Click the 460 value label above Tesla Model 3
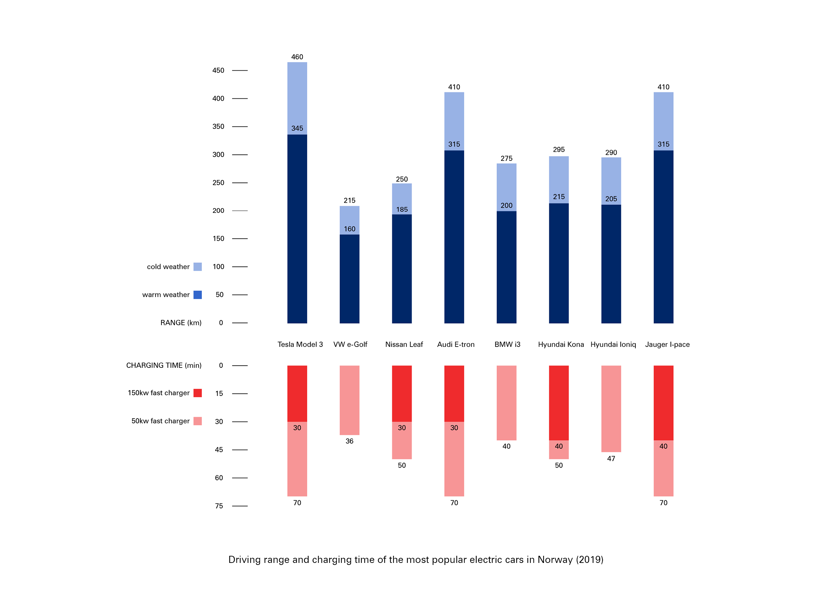coord(297,57)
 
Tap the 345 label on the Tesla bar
coord(297,128)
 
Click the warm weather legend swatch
coord(197,295)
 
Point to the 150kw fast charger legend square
coord(197,393)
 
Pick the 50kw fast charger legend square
coord(197,421)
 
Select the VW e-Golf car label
coord(350,344)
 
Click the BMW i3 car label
coord(507,344)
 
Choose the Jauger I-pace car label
coord(667,344)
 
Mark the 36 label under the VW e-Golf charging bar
coord(349,441)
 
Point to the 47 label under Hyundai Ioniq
coord(611,459)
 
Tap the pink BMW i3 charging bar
coord(506,402)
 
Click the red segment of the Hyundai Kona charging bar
coord(559,402)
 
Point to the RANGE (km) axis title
coord(181,323)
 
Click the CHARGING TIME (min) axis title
coord(164,365)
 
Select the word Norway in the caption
coord(555,560)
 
